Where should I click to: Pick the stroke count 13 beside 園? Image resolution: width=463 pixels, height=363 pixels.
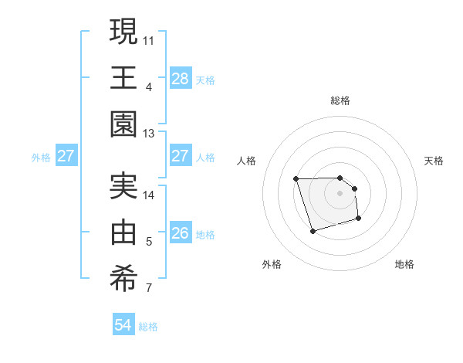pos(149,134)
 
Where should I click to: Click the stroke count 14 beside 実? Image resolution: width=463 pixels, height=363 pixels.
pos(149,195)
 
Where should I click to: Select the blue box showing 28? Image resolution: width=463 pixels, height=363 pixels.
pos(180,78)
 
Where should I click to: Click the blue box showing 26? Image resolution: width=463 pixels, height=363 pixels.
pos(180,233)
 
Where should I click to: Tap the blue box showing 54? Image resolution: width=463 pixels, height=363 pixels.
pos(123,325)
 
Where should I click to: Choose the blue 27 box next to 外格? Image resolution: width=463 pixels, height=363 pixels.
pos(66,156)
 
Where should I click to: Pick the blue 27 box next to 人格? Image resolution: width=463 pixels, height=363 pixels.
pos(180,156)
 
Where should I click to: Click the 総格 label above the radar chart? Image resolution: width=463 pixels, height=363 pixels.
pos(340,100)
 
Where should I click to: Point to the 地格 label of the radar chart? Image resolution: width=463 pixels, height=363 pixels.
pos(404,264)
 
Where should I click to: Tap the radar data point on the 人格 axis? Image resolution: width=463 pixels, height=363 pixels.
pos(296,179)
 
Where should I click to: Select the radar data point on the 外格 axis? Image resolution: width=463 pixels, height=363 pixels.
pos(313,231)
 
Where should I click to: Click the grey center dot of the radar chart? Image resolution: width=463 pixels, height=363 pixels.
pos(340,193)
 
